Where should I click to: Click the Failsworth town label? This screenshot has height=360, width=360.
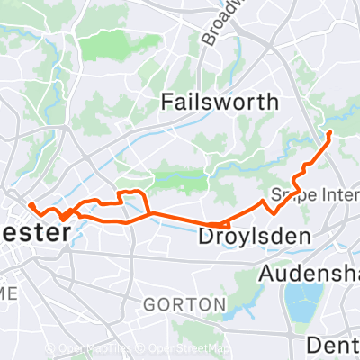(220, 102)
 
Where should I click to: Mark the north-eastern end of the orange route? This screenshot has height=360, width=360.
(329, 132)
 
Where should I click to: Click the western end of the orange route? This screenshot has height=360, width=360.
(30, 204)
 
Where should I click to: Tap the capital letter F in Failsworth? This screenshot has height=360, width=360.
(166, 102)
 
